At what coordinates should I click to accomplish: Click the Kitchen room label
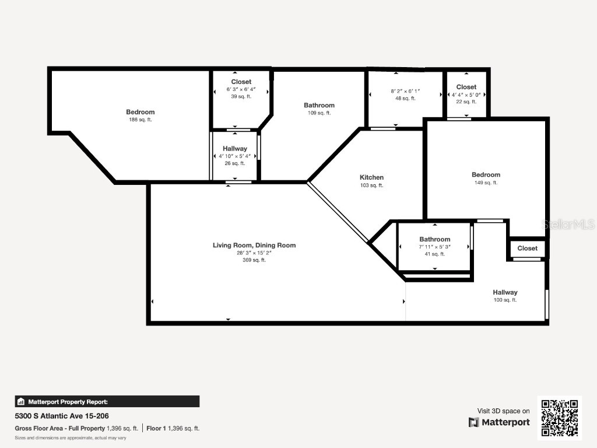click(x=371, y=177)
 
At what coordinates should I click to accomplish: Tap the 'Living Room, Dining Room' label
click(x=254, y=246)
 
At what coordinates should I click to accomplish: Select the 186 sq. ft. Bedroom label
click(x=141, y=112)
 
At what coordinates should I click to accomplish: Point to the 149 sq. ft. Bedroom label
click(x=486, y=175)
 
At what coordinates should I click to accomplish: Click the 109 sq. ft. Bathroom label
click(x=319, y=106)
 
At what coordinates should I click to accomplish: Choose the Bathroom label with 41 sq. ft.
click(x=434, y=239)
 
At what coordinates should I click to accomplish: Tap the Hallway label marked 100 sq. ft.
click(x=505, y=292)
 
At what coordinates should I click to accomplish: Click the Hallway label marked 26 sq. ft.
click(x=234, y=149)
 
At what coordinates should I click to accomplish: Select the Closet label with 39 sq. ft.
click(x=241, y=82)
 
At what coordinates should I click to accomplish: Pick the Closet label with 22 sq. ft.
click(x=466, y=87)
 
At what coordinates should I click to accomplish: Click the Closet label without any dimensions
click(x=527, y=248)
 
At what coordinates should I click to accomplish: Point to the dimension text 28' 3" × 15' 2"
click(x=254, y=253)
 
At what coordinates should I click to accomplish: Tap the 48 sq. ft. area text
click(x=405, y=99)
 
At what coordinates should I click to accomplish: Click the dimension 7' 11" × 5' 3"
click(x=434, y=247)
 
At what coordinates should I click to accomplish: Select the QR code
click(x=559, y=417)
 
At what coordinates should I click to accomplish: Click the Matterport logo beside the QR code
click(x=500, y=422)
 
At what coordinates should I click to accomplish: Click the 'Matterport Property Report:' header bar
click(x=107, y=401)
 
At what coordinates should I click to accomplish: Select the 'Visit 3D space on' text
click(x=504, y=411)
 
